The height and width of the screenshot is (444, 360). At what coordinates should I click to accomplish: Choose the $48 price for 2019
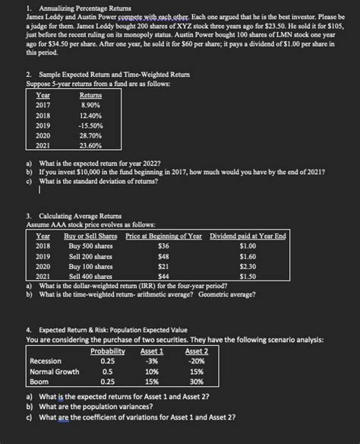[163, 258]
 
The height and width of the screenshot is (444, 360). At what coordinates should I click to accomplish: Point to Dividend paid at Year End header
[248, 236]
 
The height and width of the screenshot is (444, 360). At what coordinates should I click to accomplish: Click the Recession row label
[46, 340]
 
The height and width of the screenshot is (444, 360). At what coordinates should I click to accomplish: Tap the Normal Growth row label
[54, 350]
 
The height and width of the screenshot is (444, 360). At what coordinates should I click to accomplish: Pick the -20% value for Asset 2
[197, 340]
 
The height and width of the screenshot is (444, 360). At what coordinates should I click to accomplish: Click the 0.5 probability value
[107, 350]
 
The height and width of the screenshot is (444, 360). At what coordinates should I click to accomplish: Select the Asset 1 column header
[152, 329]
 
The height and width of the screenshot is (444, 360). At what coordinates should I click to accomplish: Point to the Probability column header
[107, 329]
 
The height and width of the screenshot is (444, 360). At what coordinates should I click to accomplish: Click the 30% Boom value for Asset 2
[197, 361]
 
